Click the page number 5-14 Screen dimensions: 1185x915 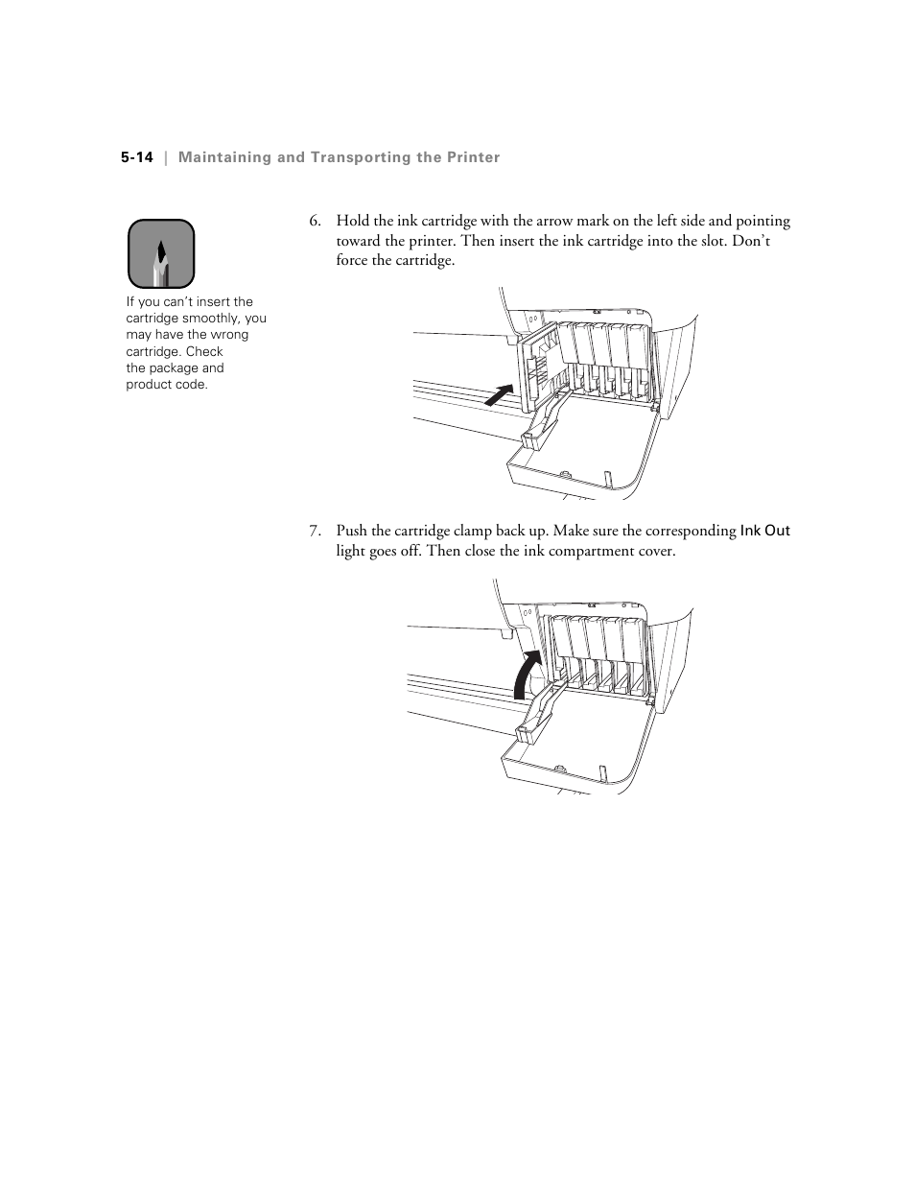pyautogui.click(x=137, y=157)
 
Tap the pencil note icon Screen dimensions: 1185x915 pyautogui.click(x=161, y=254)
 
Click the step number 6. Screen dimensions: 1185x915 pyautogui.click(x=314, y=222)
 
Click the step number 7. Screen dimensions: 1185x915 pyautogui.click(x=314, y=532)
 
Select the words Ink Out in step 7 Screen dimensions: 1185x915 pyautogui.click(x=764, y=531)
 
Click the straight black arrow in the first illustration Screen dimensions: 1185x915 pyautogui.click(x=497, y=393)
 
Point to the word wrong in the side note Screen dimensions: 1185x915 pyautogui.click(x=229, y=335)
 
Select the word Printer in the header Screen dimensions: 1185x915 pyautogui.click(x=474, y=157)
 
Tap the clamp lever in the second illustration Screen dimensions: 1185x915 pyautogui.click(x=538, y=711)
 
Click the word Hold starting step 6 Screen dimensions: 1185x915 pyautogui.click(x=352, y=222)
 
